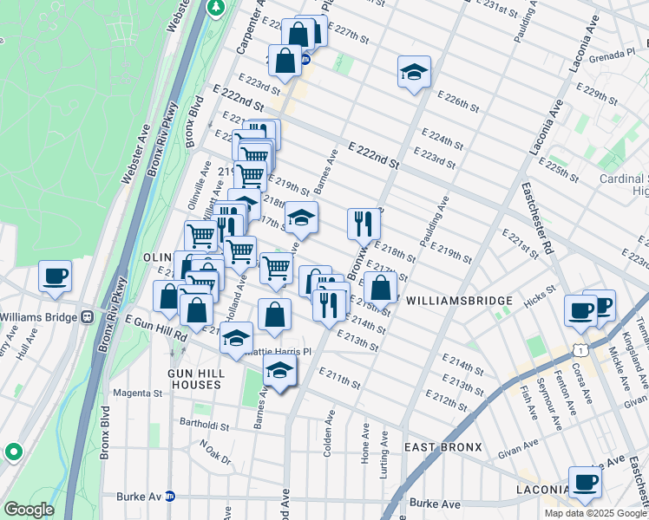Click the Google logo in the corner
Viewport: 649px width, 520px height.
(28, 510)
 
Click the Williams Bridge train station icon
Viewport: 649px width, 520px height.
(86, 316)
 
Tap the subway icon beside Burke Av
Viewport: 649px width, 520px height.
(171, 497)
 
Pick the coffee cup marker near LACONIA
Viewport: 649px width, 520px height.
(585, 483)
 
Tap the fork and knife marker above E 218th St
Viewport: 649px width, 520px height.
(364, 224)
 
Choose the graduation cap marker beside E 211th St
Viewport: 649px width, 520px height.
(279, 372)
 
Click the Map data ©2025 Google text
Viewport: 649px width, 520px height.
(594, 512)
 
